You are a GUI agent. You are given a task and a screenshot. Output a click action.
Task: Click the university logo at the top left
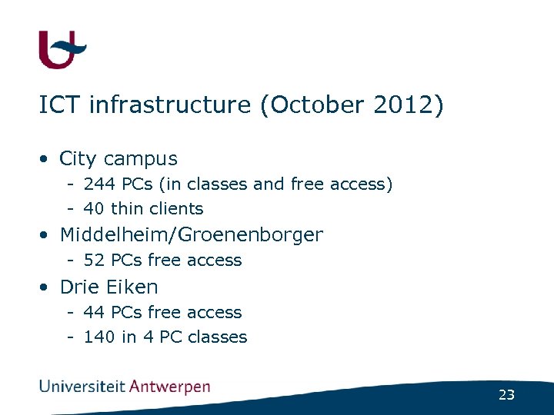click(61, 51)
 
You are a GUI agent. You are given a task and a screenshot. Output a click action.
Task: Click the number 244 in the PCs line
click(97, 184)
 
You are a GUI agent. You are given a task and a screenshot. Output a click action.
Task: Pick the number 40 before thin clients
click(94, 209)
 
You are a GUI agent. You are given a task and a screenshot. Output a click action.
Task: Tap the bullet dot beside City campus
click(46, 160)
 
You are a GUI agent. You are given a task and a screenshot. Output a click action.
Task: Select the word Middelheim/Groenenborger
click(191, 234)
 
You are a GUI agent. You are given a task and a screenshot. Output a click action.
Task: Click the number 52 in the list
click(94, 261)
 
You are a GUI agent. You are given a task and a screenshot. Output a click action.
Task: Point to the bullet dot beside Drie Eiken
click(46, 287)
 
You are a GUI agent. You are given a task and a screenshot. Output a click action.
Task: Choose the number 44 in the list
click(94, 313)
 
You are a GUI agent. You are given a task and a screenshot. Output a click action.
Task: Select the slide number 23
click(506, 395)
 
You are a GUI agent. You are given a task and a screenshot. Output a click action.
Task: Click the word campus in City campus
click(140, 160)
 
